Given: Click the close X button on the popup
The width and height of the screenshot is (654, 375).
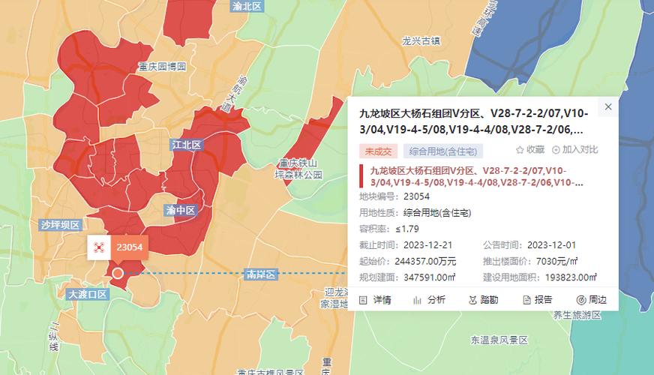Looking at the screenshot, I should pos(608,107).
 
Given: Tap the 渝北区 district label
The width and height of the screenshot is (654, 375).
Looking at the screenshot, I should pos(247,6).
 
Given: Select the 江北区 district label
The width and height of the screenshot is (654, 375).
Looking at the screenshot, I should pos(187,145).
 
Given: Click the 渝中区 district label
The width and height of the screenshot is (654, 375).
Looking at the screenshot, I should pos(180,211).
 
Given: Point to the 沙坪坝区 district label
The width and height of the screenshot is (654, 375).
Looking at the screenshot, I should pos(61,224).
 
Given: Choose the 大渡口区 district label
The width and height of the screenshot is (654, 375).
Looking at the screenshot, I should pos(88,294).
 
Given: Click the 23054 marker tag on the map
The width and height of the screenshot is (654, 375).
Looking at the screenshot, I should pos(128,246).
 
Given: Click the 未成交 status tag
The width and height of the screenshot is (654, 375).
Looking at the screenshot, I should pos(378,150).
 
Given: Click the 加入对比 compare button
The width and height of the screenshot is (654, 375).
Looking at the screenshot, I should pos(575,150).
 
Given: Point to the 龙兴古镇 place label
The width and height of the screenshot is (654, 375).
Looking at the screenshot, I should pos(421,40).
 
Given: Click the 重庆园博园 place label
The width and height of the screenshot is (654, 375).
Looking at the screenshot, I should pos(162,67).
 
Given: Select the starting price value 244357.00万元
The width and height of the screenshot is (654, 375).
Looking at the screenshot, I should pos(429,261).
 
